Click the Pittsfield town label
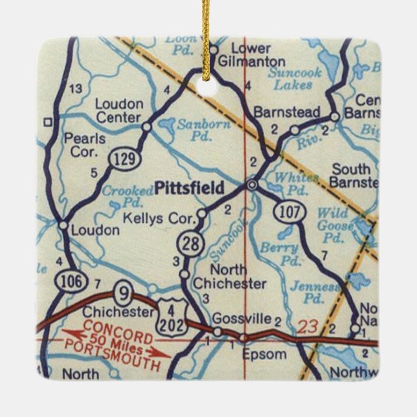190,188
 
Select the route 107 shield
286,210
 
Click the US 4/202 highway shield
173,318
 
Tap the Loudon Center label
118,111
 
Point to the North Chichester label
229,276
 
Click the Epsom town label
264,354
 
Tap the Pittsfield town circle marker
251,186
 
